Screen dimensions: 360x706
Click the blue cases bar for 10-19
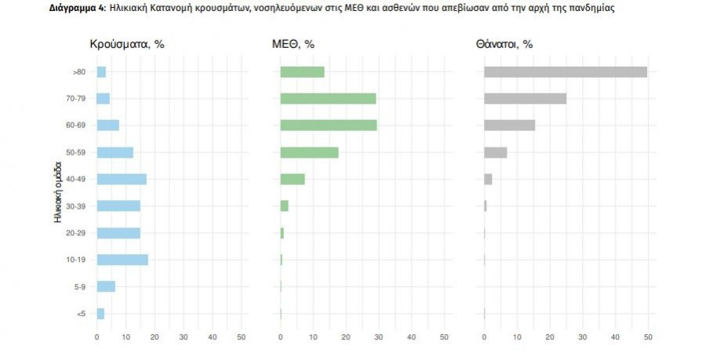click(x=122, y=260)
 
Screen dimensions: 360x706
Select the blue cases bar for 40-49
click(x=122, y=179)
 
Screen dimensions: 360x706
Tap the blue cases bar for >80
click(x=101, y=72)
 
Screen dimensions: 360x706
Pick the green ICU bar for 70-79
click(x=328, y=99)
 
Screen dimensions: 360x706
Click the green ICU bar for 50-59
click(x=309, y=152)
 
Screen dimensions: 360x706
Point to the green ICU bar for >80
click(x=302, y=72)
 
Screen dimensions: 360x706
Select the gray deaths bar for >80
click(x=566, y=72)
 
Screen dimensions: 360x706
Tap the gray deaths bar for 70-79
click(x=525, y=99)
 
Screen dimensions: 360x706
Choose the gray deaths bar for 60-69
click(x=509, y=125)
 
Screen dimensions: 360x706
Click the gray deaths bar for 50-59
click(x=495, y=152)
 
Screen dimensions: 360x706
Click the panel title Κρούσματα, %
click(x=126, y=44)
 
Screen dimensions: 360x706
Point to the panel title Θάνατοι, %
click(x=504, y=44)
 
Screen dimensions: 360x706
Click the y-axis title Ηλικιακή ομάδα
click(x=59, y=193)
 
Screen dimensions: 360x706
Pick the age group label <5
click(x=80, y=314)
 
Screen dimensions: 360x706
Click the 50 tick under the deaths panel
click(x=648, y=338)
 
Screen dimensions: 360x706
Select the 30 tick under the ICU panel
click(x=379, y=338)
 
